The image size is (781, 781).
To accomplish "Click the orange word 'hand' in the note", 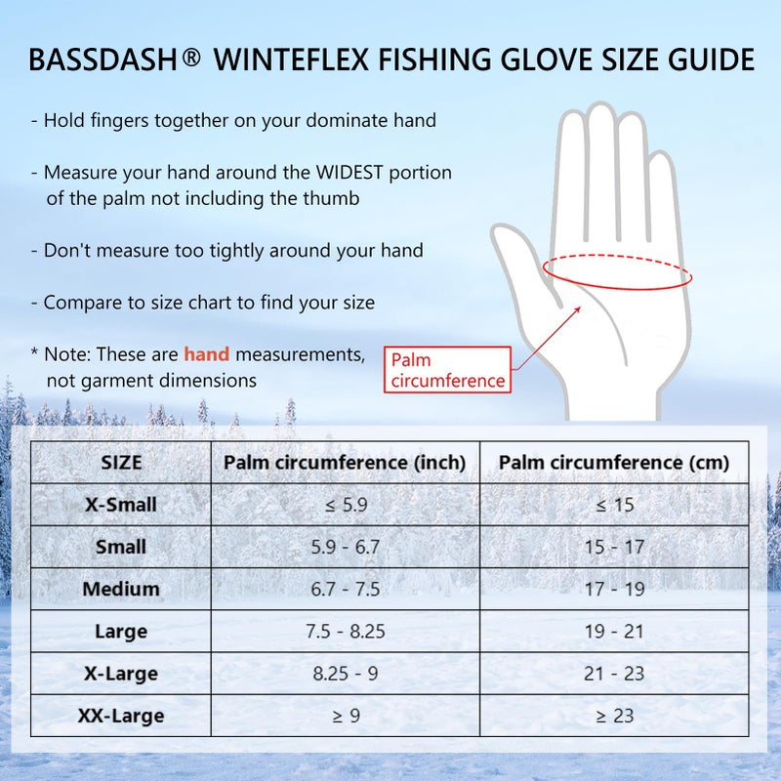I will coord(207,354).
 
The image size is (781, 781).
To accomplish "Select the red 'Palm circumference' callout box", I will coord(448,371).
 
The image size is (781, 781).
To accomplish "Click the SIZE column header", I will coord(121,463).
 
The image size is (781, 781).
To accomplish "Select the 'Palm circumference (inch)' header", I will coord(345,463).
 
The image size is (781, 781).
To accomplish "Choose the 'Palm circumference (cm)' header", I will coord(614,463).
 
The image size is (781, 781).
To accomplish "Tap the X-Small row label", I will coord(121,506).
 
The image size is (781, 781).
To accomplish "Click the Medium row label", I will coord(121,590).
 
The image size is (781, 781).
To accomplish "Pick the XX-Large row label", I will coord(121,717).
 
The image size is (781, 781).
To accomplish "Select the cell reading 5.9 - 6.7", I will coord(345,548).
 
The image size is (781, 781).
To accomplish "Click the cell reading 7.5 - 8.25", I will coord(345,632).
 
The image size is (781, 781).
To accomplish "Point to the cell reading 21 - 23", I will coord(614,674).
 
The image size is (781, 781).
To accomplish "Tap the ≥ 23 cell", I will coord(614,717).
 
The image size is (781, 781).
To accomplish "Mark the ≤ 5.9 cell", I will coord(345,506).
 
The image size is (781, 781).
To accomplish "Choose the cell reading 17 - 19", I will coord(614,590).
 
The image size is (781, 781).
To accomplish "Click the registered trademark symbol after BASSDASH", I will coord(191,57).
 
